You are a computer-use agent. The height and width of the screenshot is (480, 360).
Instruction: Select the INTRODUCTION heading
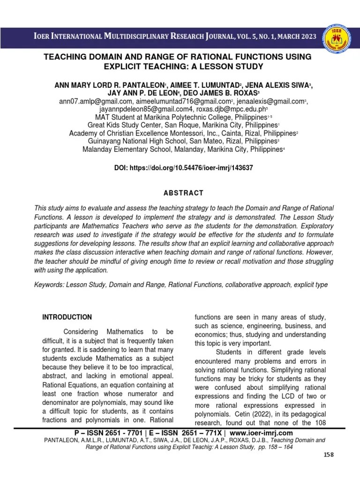coord(68,317)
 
